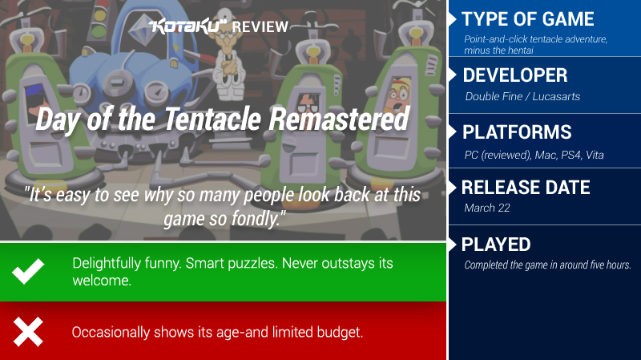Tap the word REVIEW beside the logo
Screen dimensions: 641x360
[260, 27]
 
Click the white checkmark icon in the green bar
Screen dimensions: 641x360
[28, 271]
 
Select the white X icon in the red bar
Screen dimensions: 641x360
[28, 332]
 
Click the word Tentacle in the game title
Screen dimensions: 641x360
[212, 119]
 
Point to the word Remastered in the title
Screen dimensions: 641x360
[338, 119]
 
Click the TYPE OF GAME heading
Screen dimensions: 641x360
[528, 18]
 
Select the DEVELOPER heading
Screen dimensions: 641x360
[515, 75]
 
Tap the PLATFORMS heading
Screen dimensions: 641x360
[517, 132]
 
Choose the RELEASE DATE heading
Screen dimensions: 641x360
[526, 188]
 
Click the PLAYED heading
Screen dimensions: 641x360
[496, 245]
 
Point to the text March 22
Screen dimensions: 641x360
[487, 208]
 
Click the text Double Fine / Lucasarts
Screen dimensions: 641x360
[522, 96]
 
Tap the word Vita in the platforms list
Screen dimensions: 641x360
[595, 155]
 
